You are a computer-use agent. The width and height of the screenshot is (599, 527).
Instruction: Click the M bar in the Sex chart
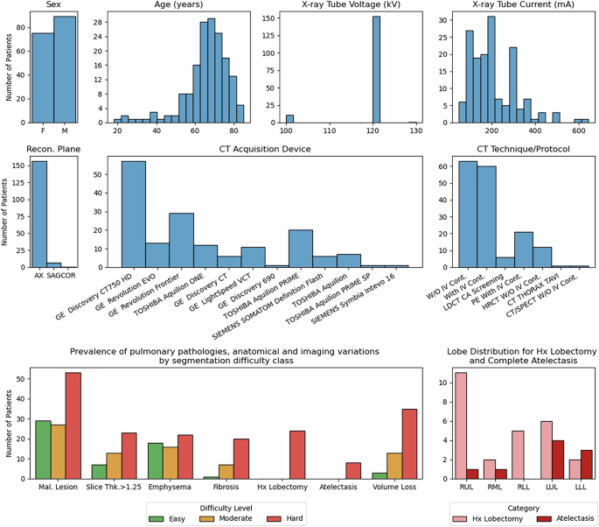65,70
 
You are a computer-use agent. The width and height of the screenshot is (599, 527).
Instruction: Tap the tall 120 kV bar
376,70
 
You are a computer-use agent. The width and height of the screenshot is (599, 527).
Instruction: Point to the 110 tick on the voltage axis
329,131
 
